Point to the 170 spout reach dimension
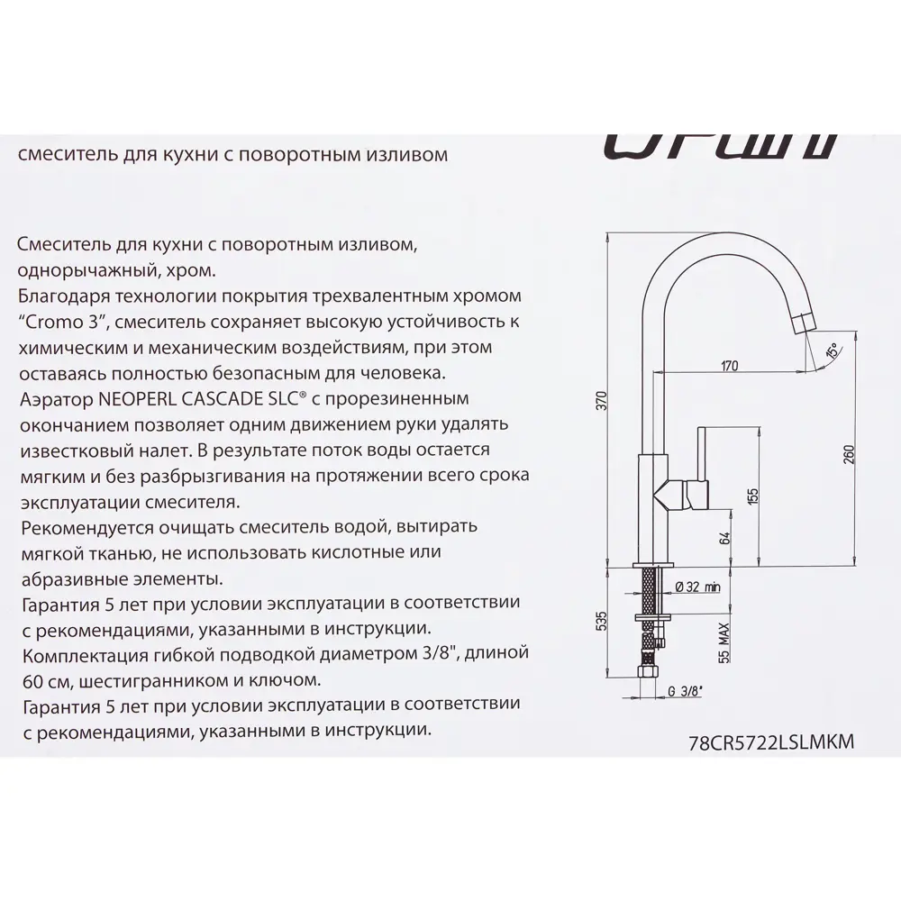pyautogui.click(x=729, y=366)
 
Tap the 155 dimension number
pyautogui.click(x=754, y=496)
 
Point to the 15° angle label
pyautogui.click(x=830, y=350)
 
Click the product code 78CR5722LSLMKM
pyautogui.click(x=769, y=742)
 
